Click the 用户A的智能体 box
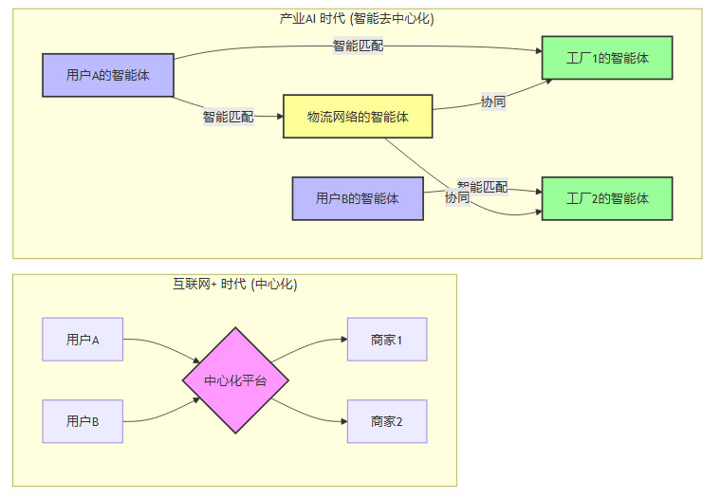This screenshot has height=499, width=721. click(108, 75)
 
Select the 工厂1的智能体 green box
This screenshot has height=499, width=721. click(607, 58)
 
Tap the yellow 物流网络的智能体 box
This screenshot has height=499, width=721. click(358, 117)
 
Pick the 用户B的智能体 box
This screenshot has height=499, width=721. click(357, 199)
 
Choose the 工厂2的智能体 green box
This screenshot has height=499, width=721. click(607, 199)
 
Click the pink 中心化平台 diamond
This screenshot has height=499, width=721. click(235, 381)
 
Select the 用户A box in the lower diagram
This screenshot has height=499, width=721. click(83, 340)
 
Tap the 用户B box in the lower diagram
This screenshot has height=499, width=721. click(83, 421)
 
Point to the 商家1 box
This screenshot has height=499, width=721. click(387, 340)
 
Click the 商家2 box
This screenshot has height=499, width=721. click(387, 421)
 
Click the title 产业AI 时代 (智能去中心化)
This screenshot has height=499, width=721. click(357, 18)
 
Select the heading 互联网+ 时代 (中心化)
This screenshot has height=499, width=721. click(234, 284)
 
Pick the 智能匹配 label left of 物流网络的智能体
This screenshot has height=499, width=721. click(228, 118)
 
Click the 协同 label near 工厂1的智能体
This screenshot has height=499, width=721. click(493, 102)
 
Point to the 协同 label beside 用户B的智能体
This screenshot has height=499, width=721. click(457, 198)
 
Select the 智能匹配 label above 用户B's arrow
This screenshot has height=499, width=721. click(482, 186)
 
